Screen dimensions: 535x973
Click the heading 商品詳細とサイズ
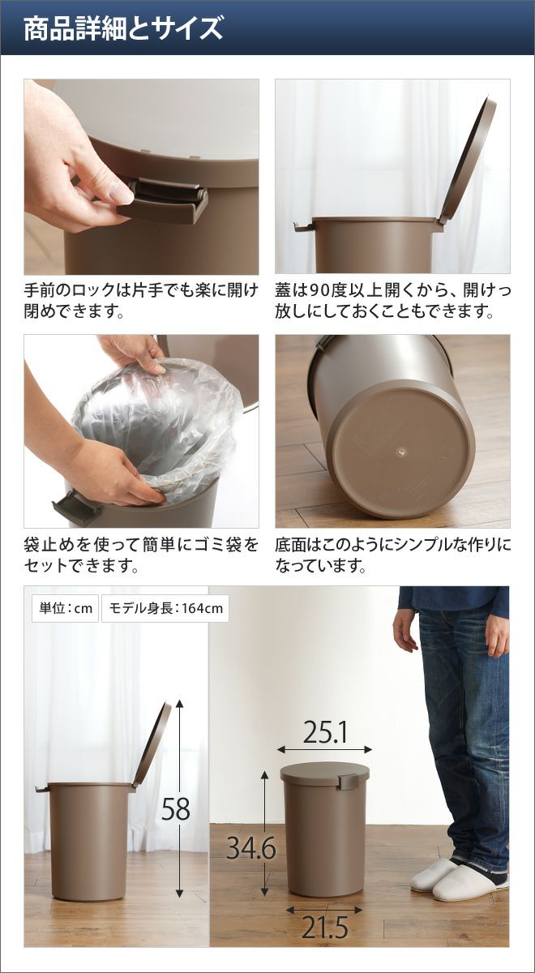[x=123, y=28]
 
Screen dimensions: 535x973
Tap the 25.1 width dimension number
[x=325, y=732]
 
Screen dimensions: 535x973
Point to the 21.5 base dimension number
[x=325, y=927]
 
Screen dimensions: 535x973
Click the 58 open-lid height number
[x=176, y=809]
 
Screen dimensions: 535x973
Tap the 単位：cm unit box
[x=66, y=608]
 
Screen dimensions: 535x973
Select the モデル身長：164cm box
[x=165, y=608]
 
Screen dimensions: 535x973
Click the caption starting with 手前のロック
[x=141, y=300]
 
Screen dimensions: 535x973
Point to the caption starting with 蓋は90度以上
[x=393, y=300]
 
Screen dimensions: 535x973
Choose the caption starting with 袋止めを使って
[x=141, y=555]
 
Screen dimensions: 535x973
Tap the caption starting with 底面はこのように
[x=393, y=555]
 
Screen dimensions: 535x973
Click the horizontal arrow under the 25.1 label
[x=325, y=749]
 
